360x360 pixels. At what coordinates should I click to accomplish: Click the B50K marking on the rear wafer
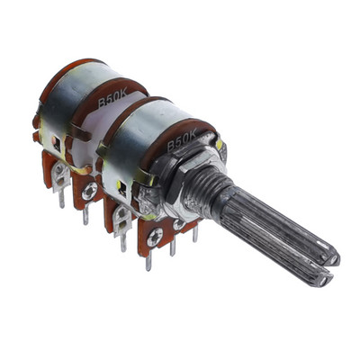113,99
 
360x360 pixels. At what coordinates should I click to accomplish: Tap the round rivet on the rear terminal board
89,191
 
